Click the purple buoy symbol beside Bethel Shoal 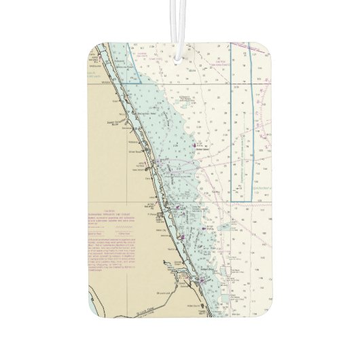tap(195, 145)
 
